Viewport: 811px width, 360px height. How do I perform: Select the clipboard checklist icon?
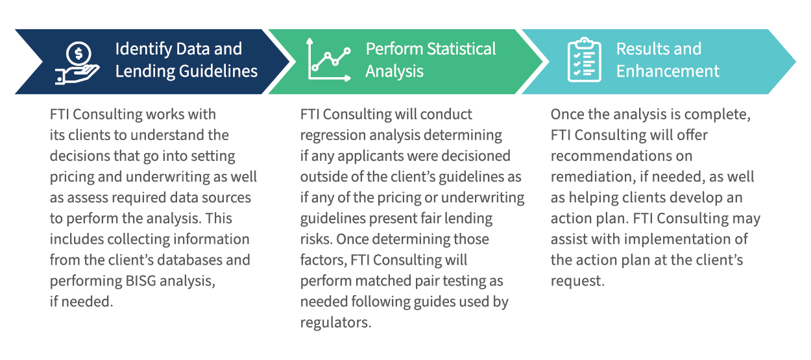pos(584,60)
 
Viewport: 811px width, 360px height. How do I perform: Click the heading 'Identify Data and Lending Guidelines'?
pos(186,60)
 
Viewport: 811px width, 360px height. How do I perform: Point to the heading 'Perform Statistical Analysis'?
pos(430,60)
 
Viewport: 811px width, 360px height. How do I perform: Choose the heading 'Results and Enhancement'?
pos(668,60)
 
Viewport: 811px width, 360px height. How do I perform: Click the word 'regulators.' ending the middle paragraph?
pos(335,322)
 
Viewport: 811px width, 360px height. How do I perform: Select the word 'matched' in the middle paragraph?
pos(376,281)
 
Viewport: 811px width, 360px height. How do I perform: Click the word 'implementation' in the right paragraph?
pos(686,239)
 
